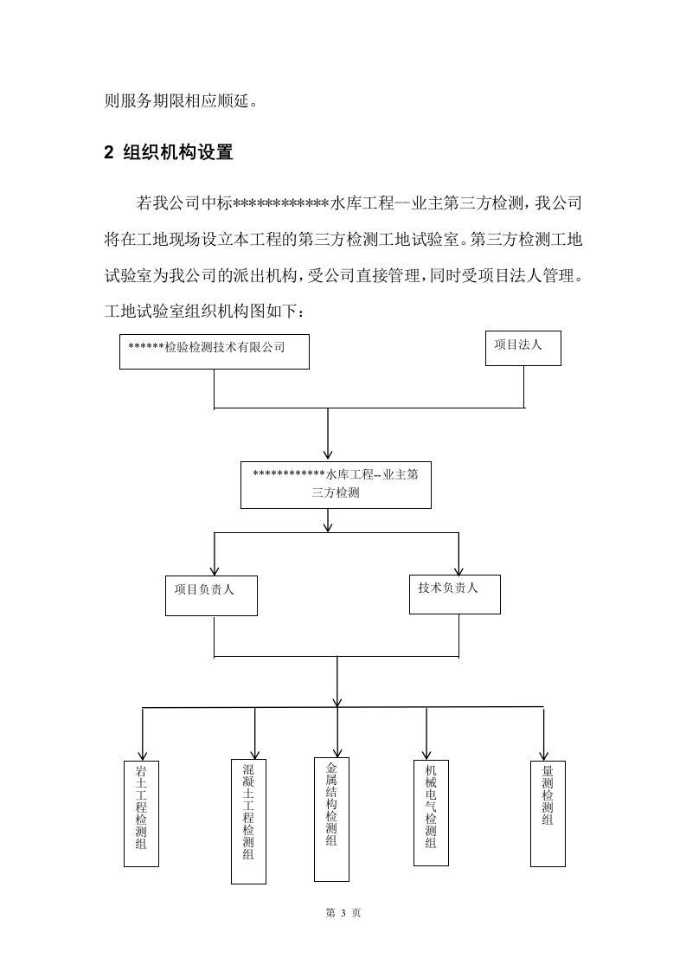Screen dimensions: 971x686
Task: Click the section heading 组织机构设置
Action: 178,153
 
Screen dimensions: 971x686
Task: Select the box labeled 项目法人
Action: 523,347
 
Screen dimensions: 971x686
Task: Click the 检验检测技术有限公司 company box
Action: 214,350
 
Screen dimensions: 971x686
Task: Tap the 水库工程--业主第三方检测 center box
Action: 336,485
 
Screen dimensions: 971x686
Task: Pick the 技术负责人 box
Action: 454,593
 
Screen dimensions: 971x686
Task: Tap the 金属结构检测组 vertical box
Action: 331,818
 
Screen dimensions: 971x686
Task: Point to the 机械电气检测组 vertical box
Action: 431,813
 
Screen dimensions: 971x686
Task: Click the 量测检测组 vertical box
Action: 547,813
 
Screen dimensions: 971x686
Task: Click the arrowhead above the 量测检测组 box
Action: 544,754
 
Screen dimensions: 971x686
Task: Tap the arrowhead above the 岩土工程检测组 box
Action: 142,755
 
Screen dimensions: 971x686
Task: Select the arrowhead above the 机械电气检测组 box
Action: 426,752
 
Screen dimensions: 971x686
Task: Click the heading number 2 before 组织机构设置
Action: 109,153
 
